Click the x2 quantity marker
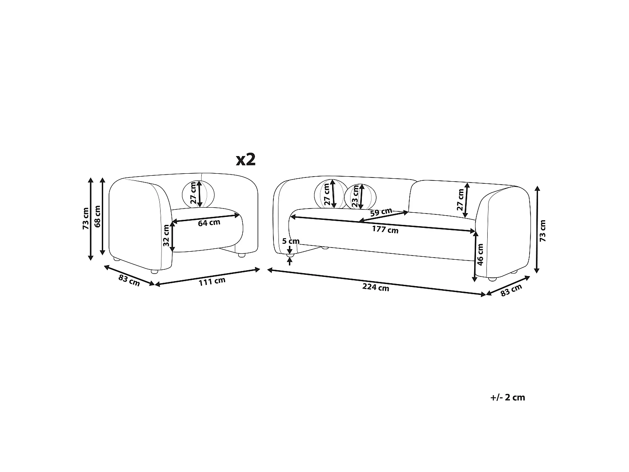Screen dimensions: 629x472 pyautogui.click(x=246, y=160)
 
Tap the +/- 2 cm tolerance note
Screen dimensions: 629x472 pyautogui.click(x=507, y=397)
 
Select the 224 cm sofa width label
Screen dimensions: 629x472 pyautogui.click(x=376, y=287)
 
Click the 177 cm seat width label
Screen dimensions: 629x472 pyautogui.click(x=385, y=229)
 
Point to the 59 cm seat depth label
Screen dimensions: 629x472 pyautogui.click(x=381, y=212)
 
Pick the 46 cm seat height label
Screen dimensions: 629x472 pyautogui.click(x=480, y=254)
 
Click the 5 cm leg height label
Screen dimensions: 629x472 pyautogui.click(x=291, y=241)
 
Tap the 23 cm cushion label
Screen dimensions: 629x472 pyautogui.click(x=355, y=196)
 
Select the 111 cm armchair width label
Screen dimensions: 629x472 pyautogui.click(x=212, y=282)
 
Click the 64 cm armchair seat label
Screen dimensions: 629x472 pyautogui.click(x=209, y=222)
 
